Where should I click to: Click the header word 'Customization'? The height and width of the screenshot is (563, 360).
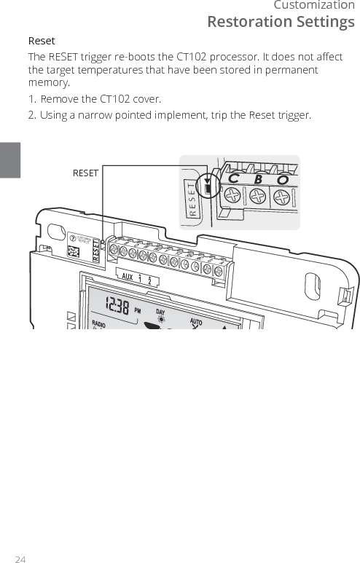click(x=314, y=6)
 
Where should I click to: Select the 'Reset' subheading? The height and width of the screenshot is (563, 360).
click(x=42, y=41)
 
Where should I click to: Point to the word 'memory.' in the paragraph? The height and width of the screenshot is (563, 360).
click(x=49, y=83)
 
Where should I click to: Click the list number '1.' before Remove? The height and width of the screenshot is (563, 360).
click(x=32, y=99)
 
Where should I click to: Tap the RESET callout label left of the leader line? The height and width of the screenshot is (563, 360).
click(x=85, y=173)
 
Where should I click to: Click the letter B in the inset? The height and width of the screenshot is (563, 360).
click(x=257, y=179)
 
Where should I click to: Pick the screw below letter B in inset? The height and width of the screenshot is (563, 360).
click(x=259, y=197)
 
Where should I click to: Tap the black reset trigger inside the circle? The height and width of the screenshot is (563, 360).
click(x=208, y=188)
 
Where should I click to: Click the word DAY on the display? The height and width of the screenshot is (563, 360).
click(x=161, y=312)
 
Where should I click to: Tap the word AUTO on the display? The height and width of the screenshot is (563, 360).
click(x=196, y=321)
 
